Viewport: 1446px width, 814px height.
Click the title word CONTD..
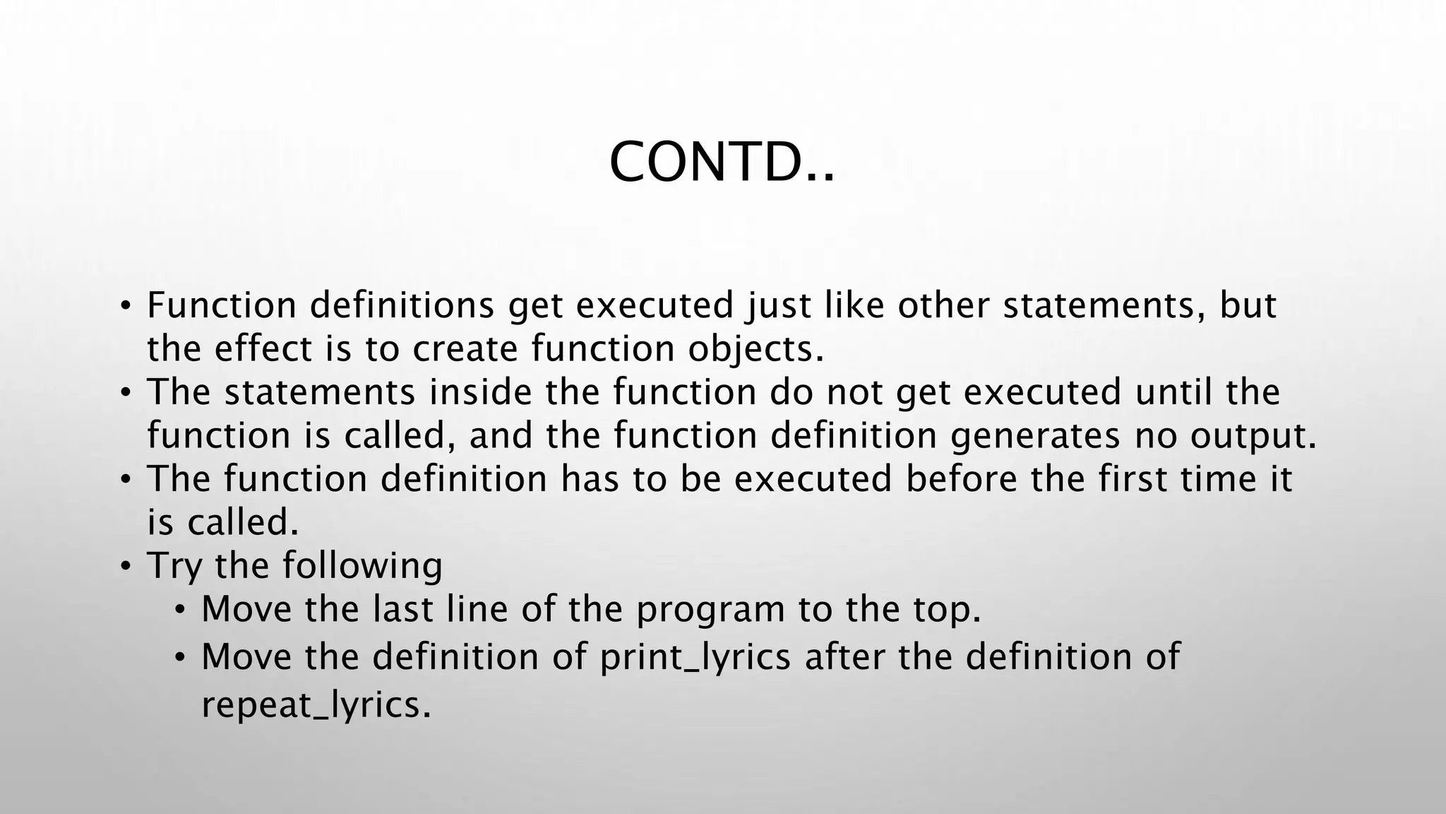pos(720,163)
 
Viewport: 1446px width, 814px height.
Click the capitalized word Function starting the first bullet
pos(222,305)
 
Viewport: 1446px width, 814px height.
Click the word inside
pos(480,392)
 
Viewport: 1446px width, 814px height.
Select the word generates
pos(1034,436)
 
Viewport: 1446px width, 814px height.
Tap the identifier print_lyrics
pos(695,657)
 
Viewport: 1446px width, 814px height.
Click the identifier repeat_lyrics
pos(315,704)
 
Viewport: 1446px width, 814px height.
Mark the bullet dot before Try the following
pos(126,565)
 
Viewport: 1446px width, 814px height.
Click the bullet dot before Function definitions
pos(126,305)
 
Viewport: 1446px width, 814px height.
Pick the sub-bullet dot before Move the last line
pos(181,609)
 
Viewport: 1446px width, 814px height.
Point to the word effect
pos(263,349)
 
